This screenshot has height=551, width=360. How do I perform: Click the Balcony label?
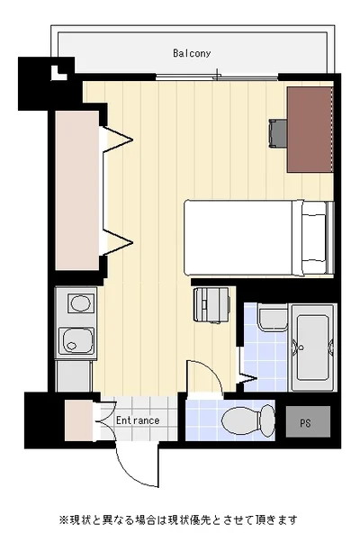pos(192,53)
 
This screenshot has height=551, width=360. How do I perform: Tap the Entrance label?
pos(138,420)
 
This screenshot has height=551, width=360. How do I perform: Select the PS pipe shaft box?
pos(308,421)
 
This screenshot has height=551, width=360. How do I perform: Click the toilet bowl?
pos(248,421)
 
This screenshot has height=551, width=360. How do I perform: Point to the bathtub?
pos(312,348)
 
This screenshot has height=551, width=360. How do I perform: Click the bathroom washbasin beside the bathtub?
pos(273,318)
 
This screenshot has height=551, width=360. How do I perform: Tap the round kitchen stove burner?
pos(80,303)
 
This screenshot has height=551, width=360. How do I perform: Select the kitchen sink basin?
pos(77,341)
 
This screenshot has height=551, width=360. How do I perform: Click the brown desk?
pos(310,130)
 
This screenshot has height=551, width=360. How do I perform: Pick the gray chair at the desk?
pos(278,132)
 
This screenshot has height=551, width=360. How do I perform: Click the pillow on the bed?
pos(314,237)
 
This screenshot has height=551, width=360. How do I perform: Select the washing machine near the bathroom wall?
pos(211,304)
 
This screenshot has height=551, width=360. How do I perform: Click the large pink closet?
pos(76,191)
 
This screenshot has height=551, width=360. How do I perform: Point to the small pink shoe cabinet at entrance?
pos(79,420)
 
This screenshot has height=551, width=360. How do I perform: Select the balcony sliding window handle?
pos(218,74)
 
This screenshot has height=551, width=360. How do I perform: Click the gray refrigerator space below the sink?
pos(74,375)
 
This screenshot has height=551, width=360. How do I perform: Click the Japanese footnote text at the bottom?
pos(179,519)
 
